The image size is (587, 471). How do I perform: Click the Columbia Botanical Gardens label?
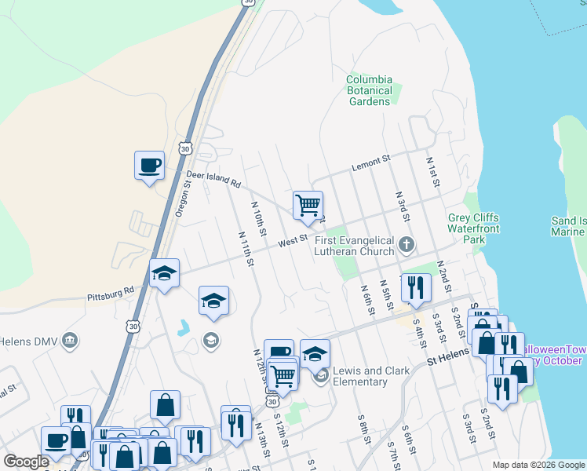coord(369,90)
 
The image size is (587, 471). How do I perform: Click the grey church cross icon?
coord(407,244)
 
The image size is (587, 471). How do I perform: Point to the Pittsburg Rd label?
coord(111,294)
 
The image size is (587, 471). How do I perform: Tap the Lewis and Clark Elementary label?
coord(371,376)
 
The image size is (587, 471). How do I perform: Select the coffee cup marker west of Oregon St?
coord(149,166)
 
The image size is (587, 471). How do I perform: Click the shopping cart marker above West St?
coord(308,205)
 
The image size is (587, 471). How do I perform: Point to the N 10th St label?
coord(260,219)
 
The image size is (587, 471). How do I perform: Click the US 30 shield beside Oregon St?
coord(184,148)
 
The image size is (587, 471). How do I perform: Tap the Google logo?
coord(26,462)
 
